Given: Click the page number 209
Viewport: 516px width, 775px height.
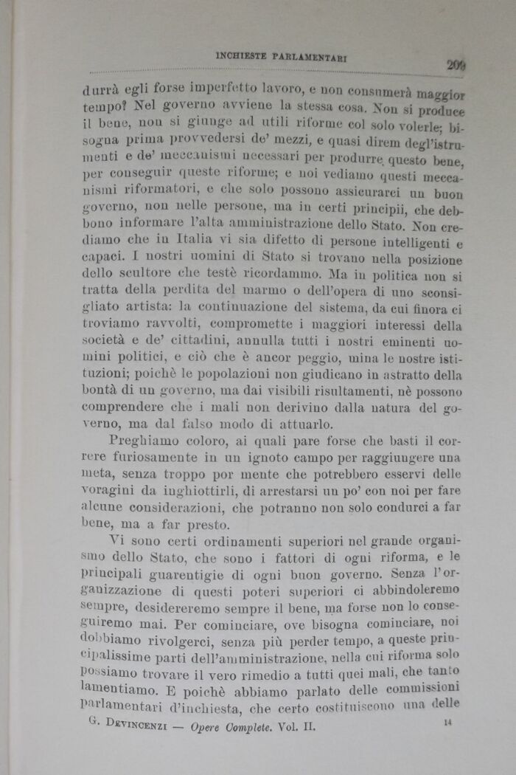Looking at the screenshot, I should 456,65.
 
